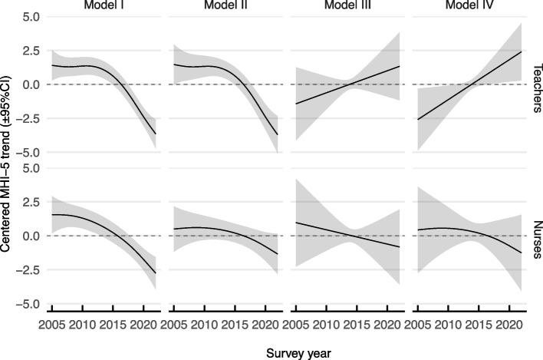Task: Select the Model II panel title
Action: [x=224, y=6]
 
